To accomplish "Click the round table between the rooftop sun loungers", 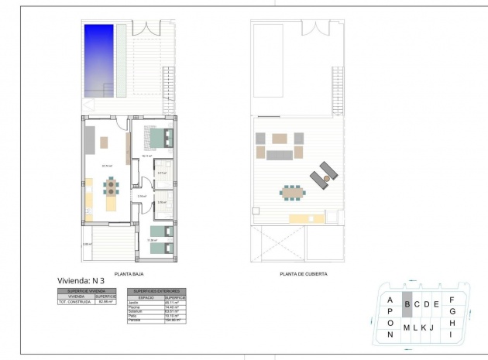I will click(x=327, y=178).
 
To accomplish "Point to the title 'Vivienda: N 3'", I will click(x=81, y=280).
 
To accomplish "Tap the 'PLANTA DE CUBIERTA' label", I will click(x=303, y=274).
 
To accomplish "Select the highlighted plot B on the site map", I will click(x=406, y=304).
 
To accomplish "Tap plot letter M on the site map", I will click(x=405, y=327).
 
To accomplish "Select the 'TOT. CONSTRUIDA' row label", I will click(x=75, y=301).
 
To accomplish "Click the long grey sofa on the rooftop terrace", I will click(x=280, y=156).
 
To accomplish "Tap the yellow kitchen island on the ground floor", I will click(x=112, y=205).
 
